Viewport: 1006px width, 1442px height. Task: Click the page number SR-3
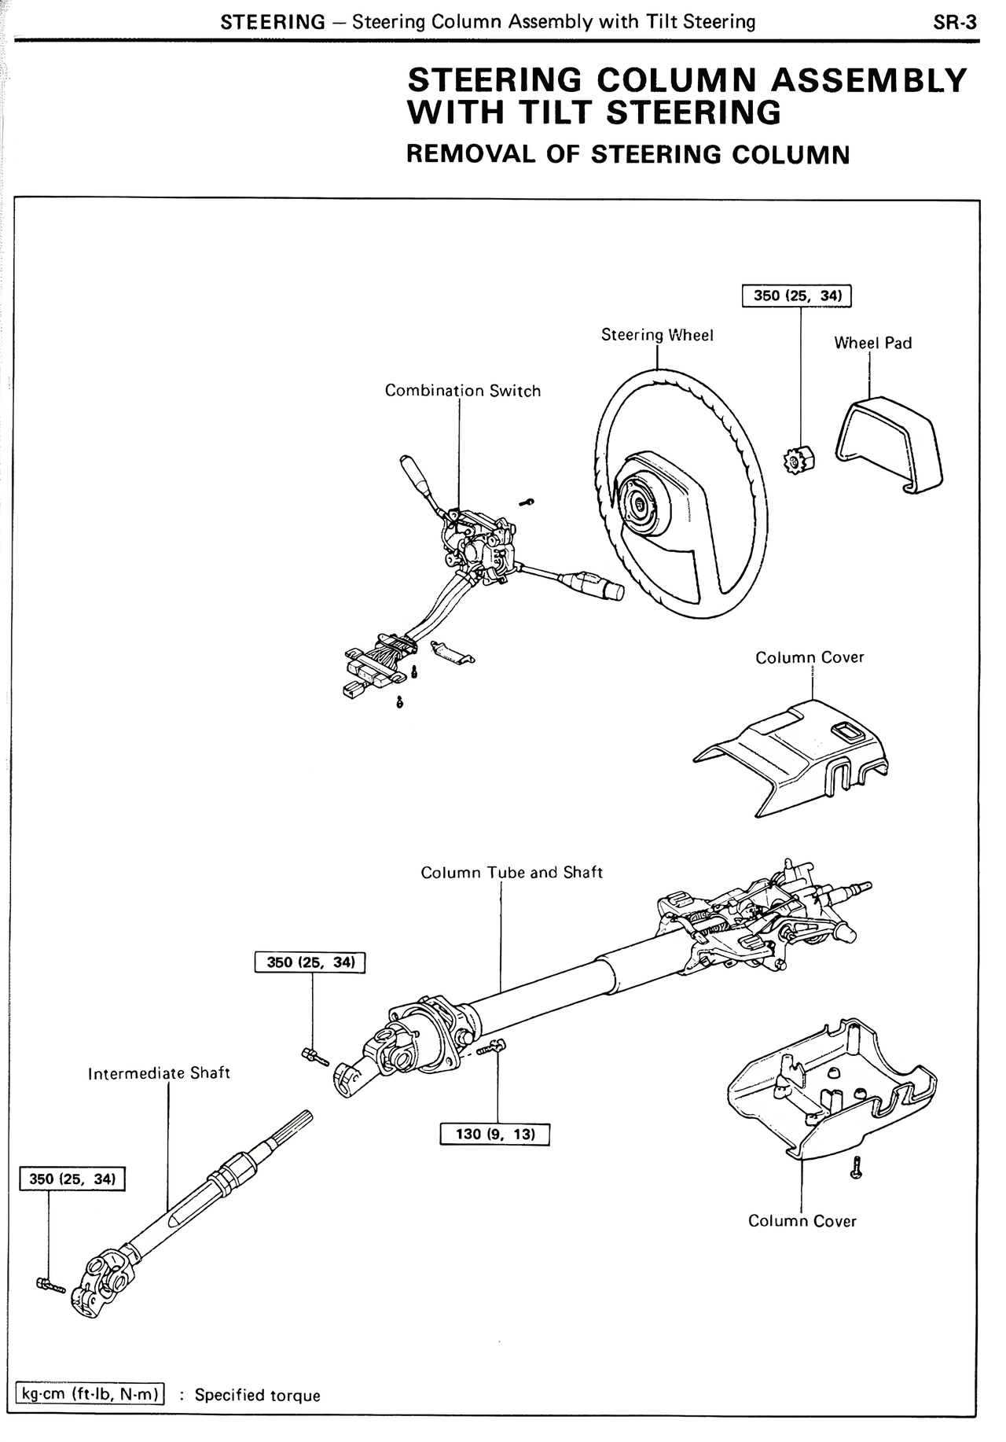(x=955, y=22)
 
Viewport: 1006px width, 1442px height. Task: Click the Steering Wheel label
(x=657, y=335)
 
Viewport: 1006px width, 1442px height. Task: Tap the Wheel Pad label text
(x=872, y=343)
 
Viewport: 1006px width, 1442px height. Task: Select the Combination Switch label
(x=462, y=391)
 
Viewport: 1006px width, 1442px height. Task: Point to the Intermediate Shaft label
(x=159, y=1073)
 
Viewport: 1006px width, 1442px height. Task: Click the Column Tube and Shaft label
(x=512, y=873)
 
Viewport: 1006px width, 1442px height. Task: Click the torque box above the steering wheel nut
(x=797, y=296)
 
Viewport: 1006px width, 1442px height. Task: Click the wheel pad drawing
(x=888, y=443)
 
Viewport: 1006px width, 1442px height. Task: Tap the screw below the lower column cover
(x=857, y=1168)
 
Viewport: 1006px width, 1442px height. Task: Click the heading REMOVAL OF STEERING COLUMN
(x=628, y=153)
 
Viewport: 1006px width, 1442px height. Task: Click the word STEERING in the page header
(x=272, y=22)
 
